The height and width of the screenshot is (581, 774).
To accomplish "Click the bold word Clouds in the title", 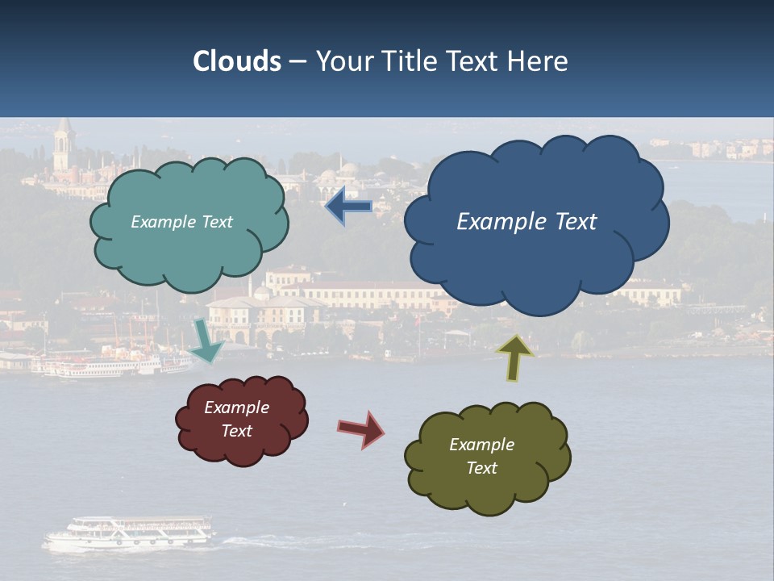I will point(237,61).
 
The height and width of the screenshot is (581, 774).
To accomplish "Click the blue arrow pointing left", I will point(348,207).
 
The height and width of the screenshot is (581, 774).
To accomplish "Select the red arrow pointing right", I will point(360,428).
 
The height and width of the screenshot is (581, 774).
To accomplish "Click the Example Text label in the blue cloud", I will point(526,221).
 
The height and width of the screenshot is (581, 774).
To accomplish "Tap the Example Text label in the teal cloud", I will point(181,222).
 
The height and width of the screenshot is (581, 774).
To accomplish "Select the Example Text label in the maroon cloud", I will point(237,419).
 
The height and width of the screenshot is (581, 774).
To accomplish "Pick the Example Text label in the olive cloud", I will point(481,456).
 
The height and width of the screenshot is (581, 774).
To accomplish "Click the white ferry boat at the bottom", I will point(129,533).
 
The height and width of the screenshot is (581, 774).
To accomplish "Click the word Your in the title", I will point(341,61).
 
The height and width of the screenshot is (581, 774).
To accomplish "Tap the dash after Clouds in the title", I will point(298,61).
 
